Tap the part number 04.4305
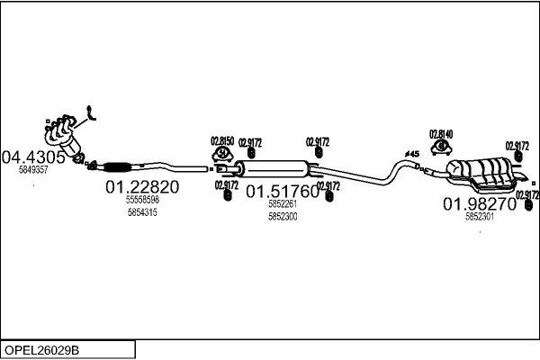(35, 157)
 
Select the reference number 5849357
(33, 169)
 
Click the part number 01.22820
(142, 187)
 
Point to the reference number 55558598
(142, 200)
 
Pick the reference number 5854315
(142, 212)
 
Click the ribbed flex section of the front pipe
(117, 166)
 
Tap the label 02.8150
(222, 140)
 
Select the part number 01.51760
(283, 191)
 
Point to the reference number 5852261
(283, 204)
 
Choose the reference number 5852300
(283, 217)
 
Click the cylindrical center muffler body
(276, 168)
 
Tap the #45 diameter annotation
(412, 154)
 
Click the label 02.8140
(441, 134)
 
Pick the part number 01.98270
(479, 203)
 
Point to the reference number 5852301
(479, 216)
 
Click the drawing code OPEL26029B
(42, 349)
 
